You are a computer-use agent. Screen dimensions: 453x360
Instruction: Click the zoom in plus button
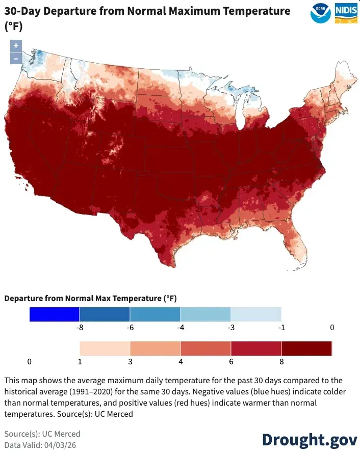pyautogui.click(x=16, y=45)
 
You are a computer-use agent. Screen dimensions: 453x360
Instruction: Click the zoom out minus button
pyautogui.click(x=16, y=58)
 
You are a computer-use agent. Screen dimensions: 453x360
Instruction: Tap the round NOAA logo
pyautogui.click(x=320, y=12)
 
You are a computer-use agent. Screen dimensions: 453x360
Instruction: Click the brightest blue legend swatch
pyautogui.click(x=55, y=314)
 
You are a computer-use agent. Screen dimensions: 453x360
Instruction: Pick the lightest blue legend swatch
pyautogui.click(x=255, y=314)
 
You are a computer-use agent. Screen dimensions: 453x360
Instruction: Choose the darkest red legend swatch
pyautogui.click(x=306, y=349)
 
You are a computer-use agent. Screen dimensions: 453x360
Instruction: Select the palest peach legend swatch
pyautogui.click(x=105, y=349)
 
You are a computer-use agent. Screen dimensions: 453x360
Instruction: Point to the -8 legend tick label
pyautogui.click(x=80, y=327)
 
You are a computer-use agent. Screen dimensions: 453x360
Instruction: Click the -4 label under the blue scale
pyautogui.click(x=180, y=327)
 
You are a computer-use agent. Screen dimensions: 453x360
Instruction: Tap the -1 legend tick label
pyautogui.click(x=281, y=327)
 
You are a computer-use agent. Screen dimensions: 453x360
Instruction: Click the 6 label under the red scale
pyautogui.click(x=231, y=361)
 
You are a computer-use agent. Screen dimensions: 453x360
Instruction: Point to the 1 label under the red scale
pyautogui.click(x=80, y=361)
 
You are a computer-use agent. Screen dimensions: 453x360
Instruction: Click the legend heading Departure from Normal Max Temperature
pyautogui.click(x=90, y=298)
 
